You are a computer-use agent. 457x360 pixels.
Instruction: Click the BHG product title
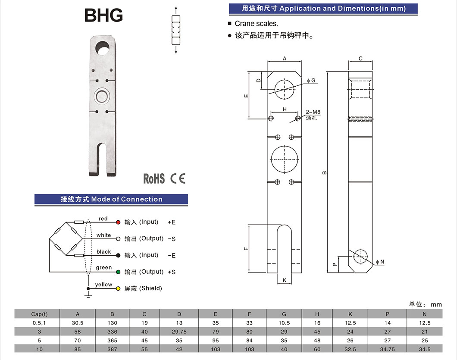coord(103,15)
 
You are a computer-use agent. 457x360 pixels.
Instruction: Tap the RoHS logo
coord(154,178)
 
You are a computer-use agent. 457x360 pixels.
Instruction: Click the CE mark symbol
coord(178,178)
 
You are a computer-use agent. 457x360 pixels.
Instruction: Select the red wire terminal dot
coord(118,222)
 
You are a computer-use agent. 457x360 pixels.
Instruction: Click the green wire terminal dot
coord(118,272)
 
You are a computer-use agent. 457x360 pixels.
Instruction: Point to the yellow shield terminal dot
coord(118,288)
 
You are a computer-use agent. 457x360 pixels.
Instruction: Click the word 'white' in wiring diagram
coord(103,235)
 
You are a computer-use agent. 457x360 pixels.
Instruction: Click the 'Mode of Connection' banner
coord(111,199)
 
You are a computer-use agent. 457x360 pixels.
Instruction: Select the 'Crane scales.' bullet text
coord(256,24)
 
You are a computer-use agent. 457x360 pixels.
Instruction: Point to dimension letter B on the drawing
coord(324,173)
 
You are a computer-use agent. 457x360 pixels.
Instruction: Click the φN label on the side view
coord(380,262)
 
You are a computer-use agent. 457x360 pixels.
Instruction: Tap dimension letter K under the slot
coord(285,281)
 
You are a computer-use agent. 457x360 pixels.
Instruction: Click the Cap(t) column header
coord(39,314)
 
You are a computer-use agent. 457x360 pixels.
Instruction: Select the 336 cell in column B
coord(113,332)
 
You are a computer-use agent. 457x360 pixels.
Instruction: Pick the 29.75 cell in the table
coord(179,332)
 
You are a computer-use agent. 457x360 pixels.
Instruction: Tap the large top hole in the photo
coord(103,47)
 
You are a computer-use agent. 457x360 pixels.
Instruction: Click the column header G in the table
coord(284,314)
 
